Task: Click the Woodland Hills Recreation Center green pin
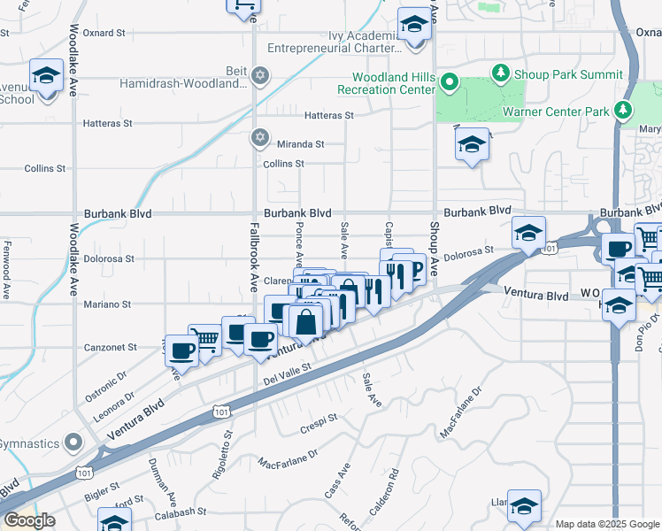tap(449, 84)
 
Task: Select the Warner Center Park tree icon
tap(625, 110)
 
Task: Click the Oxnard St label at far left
tap(104, 33)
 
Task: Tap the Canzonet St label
tap(112, 348)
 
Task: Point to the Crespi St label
tap(321, 417)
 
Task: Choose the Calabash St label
tap(181, 512)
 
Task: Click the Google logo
tap(29, 520)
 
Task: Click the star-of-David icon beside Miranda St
tap(259, 137)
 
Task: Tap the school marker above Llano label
tap(525, 503)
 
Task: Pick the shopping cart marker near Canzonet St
tap(204, 339)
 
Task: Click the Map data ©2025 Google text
tap(607, 524)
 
